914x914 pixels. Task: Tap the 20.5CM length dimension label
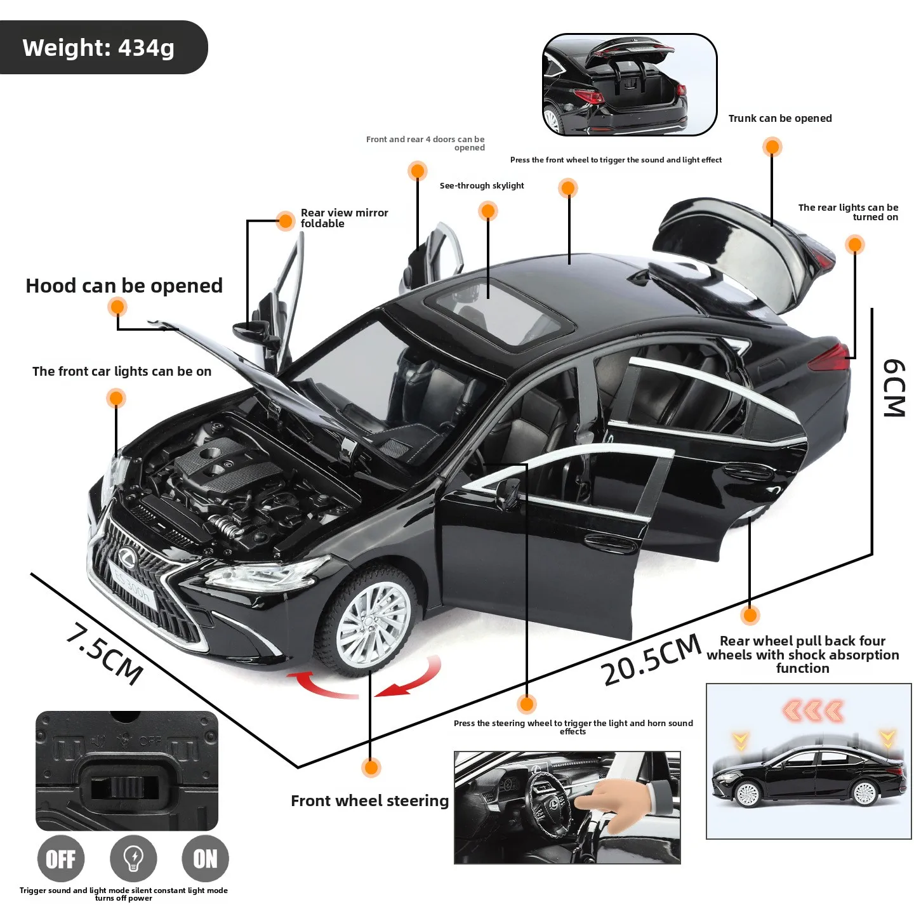(651, 661)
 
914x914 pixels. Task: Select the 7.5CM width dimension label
(105, 653)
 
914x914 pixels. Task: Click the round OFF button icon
(61, 859)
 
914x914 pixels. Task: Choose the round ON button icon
(205, 859)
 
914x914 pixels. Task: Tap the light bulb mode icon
(133, 859)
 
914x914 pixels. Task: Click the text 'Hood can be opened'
(124, 286)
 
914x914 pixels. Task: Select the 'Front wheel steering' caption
(369, 801)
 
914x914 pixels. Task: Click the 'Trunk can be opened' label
(779, 119)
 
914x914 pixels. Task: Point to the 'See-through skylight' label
(482, 186)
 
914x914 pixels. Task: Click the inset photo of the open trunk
(629, 85)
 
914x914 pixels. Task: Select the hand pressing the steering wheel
(609, 803)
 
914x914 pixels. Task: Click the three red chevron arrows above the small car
(813, 711)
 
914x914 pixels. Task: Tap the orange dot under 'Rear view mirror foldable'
(286, 221)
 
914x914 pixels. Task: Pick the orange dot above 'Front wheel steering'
(371, 767)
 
